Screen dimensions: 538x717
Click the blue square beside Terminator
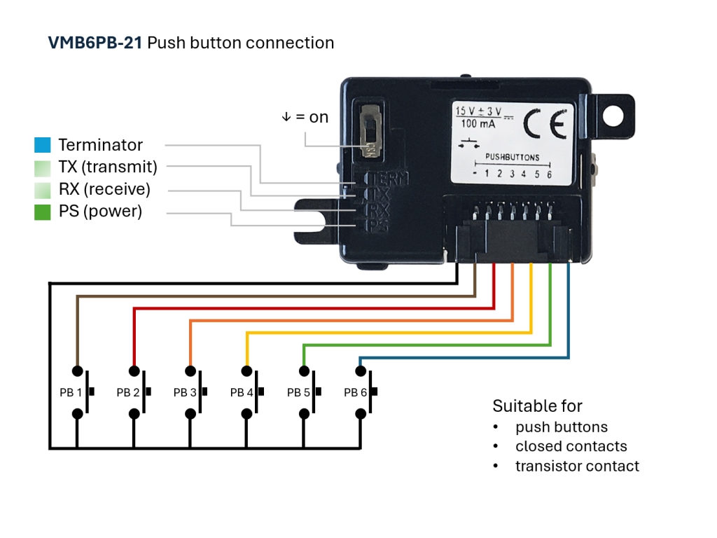42,145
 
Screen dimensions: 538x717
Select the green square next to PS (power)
42,212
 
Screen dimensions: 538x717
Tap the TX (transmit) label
108,167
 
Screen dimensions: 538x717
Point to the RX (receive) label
104,189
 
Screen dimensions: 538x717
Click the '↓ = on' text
305,117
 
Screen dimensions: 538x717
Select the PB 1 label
70,393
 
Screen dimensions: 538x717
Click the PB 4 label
241,393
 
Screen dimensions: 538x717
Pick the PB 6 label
355,393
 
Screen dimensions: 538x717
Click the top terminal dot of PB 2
133,371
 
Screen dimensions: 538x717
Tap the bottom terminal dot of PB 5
304,414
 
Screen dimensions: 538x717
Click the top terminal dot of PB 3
190,371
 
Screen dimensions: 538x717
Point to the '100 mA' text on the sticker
479,125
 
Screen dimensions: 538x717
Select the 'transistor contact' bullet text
577,466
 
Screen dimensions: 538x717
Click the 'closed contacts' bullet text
571,446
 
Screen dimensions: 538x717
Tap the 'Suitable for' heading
537,406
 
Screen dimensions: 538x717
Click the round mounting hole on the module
614,114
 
